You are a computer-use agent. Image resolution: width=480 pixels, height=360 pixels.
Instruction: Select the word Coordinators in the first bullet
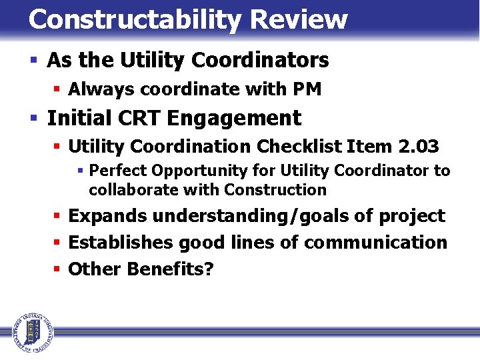(x=260, y=61)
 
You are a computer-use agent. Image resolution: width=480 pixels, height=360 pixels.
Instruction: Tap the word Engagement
(x=234, y=119)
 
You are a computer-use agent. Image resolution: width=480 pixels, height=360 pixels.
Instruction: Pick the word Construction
(x=275, y=190)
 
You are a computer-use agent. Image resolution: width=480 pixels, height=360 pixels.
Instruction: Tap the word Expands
(x=108, y=217)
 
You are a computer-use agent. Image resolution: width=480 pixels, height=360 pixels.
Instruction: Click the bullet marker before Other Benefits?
(x=58, y=269)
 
